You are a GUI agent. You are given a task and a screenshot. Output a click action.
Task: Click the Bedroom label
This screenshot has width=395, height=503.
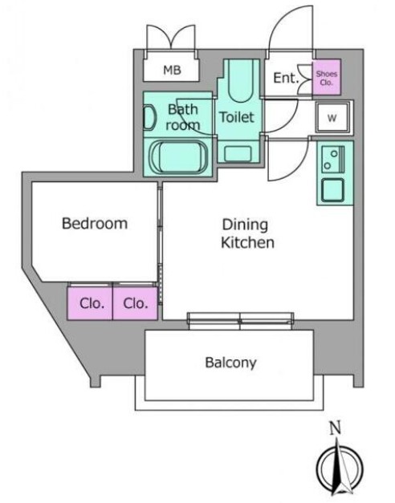point(95,223)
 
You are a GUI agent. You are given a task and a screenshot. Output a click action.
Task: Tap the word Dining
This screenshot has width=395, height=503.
point(245,225)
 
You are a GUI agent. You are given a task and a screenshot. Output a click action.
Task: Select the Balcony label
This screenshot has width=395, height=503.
point(231,363)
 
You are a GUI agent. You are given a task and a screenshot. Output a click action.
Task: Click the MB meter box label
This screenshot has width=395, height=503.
point(172,70)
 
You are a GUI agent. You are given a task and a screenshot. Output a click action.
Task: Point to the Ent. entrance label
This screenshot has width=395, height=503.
point(286,78)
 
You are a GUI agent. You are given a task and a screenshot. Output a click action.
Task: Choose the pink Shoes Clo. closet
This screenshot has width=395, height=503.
point(327,77)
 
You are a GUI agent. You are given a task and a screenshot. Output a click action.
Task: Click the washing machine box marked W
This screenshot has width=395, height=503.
point(332,118)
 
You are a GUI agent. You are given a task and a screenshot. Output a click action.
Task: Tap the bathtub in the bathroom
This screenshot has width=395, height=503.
point(179,157)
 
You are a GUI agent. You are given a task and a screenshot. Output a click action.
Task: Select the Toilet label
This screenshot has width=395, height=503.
point(237,117)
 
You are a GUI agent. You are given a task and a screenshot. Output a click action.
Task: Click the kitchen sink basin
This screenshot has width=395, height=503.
point(332,190)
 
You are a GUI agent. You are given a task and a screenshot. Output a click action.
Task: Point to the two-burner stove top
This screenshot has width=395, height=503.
point(333,160)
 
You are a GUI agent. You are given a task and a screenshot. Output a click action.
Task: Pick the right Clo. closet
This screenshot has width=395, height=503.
point(135,303)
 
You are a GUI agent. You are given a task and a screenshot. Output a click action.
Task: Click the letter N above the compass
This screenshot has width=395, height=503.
point(336,428)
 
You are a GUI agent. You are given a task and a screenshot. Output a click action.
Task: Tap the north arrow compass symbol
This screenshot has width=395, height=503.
point(340,467)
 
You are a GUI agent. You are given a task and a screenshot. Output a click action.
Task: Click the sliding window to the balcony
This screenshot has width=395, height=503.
point(241,321)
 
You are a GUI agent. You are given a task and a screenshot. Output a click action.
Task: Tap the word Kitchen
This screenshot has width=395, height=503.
point(247,242)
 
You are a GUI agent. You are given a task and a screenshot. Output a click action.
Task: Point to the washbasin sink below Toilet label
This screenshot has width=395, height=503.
point(238,153)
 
